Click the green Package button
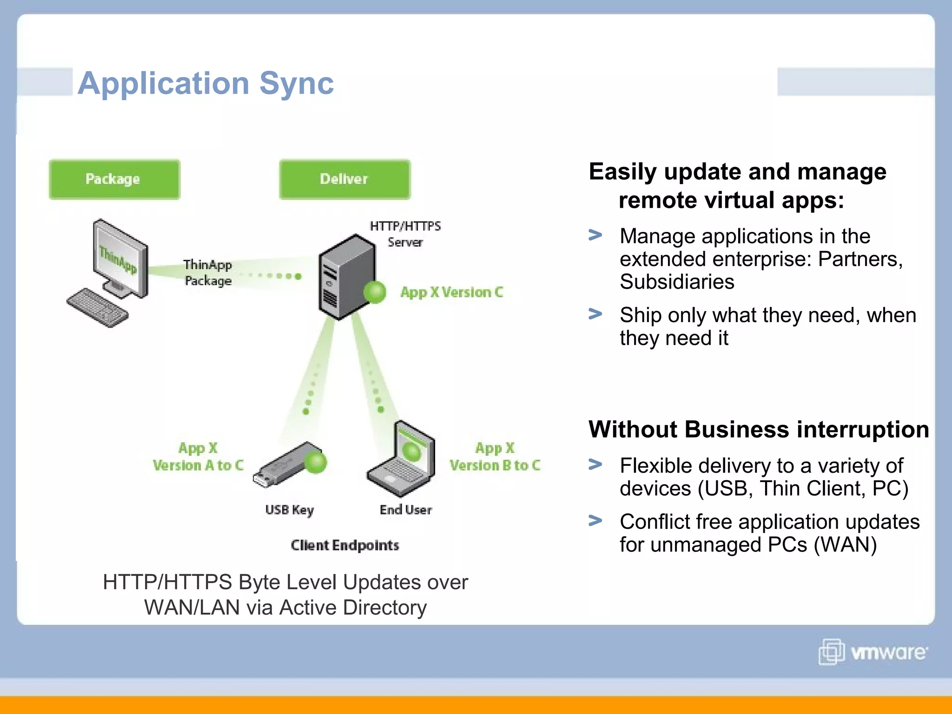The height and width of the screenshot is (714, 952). click(114, 179)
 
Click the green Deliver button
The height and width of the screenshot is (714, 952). click(344, 179)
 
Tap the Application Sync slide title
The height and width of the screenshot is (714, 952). click(205, 83)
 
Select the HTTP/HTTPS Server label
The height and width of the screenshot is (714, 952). click(405, 234)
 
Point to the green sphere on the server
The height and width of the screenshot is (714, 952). click(375, 292)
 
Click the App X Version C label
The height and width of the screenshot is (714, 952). click(451, 292)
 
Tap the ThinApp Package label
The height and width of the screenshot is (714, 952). click(207, 273)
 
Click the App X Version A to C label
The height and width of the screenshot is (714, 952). click(198, 457)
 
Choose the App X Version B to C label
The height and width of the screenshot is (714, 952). click(495, 457)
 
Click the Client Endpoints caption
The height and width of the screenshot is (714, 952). click(344, 545)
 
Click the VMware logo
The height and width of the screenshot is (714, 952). click(873, 652)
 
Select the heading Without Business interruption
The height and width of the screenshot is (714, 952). click(758, 430)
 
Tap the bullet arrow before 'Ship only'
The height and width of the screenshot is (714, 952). click(595, 314)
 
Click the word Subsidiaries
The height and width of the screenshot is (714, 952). click(677, 282)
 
